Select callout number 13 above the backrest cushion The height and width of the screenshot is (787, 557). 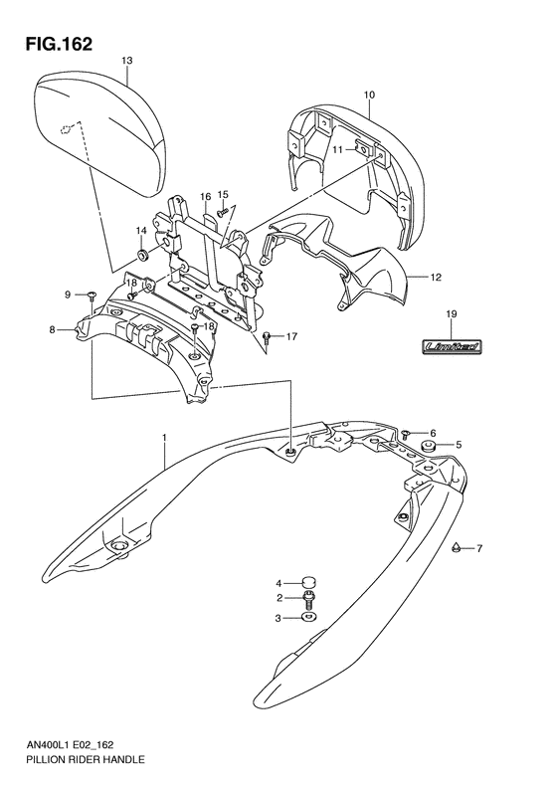(x=126, y=61)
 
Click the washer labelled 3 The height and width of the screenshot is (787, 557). (x=308, y=618)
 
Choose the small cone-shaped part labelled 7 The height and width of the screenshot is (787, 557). (x=455, y=546)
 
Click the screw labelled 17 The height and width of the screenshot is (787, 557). (x=268, y=337)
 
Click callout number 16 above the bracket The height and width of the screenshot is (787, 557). (x=205, y=197)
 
